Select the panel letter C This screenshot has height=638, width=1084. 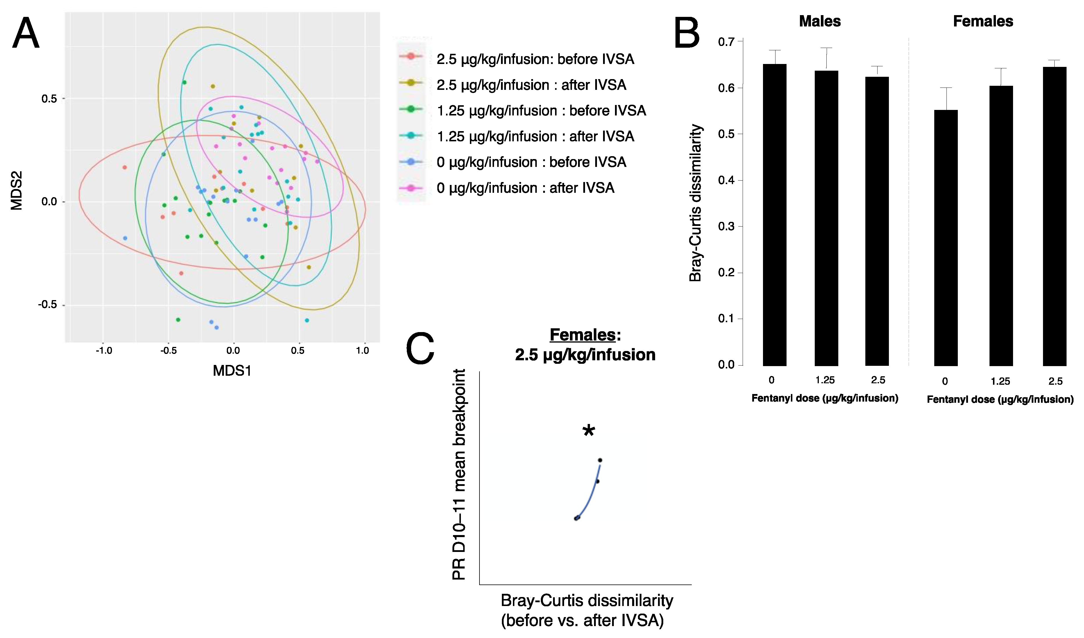[x=420, y=348]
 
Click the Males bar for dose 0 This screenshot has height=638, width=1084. [x=774, y=215]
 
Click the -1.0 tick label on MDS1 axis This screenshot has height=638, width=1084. [x=104, y=351]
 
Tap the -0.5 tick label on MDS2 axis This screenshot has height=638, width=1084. [x=47, y=304]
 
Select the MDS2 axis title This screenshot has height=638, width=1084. [x=16, y=190]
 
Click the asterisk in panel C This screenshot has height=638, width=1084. [x=589, y=431]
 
